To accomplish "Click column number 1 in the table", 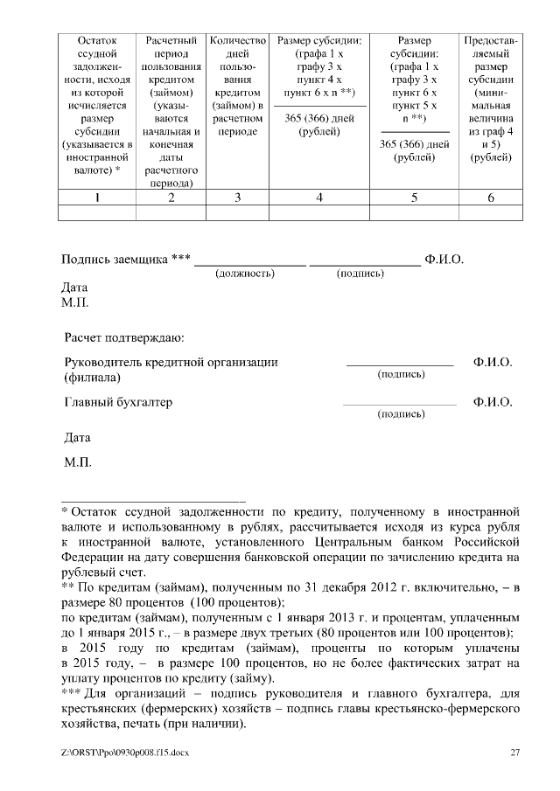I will [x=97, y=198].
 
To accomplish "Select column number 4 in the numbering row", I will [x=319, y=198].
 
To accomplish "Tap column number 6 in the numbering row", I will [x=491, y=198].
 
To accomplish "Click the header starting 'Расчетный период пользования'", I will [x=171, y=112].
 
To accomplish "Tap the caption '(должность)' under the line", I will [x=245, y=274].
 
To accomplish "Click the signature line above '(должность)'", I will [x=249, y=263].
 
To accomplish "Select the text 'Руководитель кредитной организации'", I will [x=171, y=362].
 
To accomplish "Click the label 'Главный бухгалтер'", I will [x=119, y=403].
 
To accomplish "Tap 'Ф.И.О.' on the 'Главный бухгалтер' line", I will [x=492, y=403].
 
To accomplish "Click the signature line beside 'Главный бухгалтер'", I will [x=400, y=406].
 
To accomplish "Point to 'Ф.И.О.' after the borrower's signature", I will [x=444, y=260].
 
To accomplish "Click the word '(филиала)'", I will [x=93, y=378].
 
